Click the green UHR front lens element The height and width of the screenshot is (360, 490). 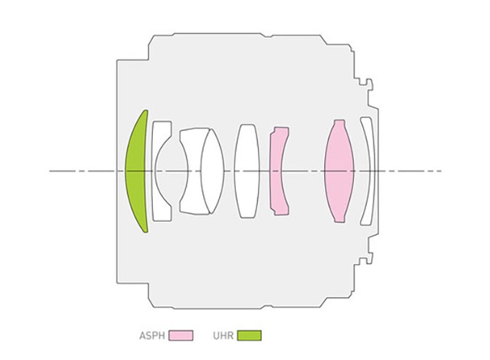tap(136, 171)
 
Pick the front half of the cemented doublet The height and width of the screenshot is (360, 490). tap(191, 171)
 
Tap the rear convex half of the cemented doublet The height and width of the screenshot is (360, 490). tap(213, 171)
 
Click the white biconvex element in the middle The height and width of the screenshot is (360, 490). tap(247, 171)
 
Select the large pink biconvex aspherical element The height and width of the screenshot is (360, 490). tap(339, 171)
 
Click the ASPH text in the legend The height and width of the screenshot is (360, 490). tap(152, 336)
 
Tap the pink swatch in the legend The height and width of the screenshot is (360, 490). tap(181, 336)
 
